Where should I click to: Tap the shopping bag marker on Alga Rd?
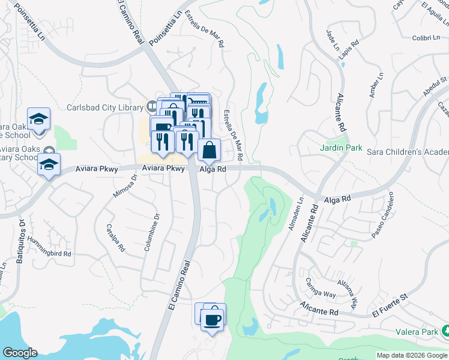209,151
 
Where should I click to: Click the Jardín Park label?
340,148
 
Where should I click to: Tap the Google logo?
20,353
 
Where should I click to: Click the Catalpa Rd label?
115,237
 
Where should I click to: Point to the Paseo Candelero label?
382,214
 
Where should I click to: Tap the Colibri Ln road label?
427,38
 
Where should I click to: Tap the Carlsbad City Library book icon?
152,107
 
